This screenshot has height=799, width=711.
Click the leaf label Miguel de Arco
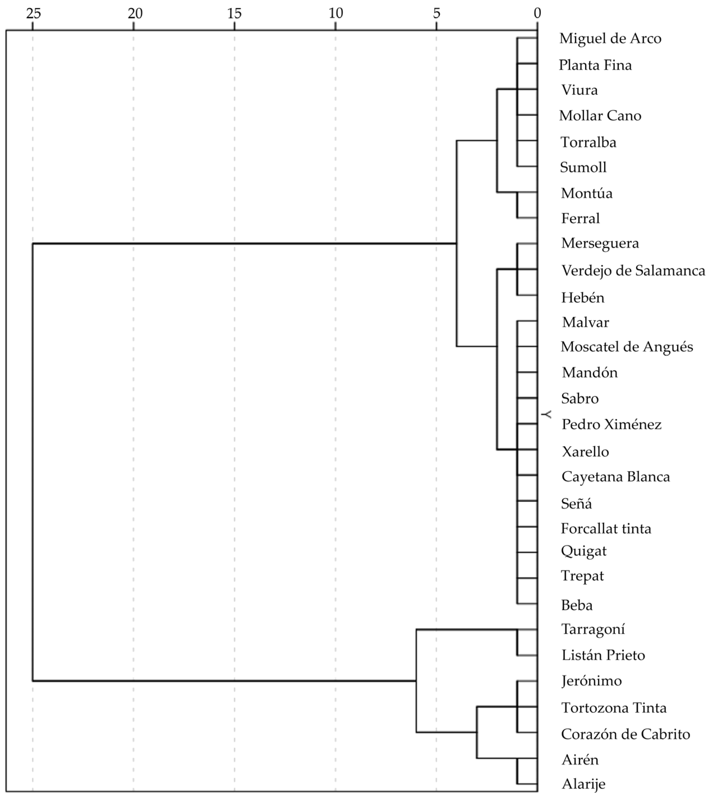point(610,39)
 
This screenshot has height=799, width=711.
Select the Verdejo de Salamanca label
point(633,271)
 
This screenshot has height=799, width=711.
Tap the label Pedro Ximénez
point(611,424)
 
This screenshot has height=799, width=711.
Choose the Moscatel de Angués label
point(627,347)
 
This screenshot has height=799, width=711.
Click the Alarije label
point(583,784)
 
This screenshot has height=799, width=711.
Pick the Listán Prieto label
point(603,655)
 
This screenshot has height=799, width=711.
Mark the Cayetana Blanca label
point(616,477)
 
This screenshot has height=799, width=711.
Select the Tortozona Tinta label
point(614,708)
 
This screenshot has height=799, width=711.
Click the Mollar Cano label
point(600,116)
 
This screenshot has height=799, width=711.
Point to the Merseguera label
point(600,243)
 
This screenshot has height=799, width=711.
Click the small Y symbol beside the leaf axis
point(547,414)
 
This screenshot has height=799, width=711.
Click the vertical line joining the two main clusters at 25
point(33,461)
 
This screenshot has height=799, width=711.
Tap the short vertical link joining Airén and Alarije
point(518,771)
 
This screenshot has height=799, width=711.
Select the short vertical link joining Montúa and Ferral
point(518,205)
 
